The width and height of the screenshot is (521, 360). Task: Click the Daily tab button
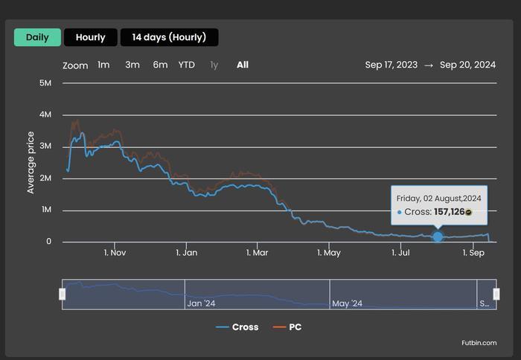37,37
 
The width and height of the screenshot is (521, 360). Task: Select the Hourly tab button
90,37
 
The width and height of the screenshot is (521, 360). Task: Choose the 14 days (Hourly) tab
169,37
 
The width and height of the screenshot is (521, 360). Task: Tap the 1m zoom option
103,65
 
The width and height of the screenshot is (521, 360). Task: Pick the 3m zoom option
132,65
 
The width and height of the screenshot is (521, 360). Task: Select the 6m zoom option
160,65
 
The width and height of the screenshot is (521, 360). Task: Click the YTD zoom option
187,65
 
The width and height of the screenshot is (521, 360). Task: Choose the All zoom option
243,65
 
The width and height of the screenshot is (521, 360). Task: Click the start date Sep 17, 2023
391,65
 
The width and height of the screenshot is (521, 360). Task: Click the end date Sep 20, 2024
467,65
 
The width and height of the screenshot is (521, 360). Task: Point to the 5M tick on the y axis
45,83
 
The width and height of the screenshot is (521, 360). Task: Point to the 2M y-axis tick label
45,179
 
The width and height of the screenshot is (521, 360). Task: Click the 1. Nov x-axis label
115,253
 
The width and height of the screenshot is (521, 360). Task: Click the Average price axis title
31,162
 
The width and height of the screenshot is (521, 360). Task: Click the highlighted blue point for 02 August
438,237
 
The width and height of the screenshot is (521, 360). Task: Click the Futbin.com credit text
479,343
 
